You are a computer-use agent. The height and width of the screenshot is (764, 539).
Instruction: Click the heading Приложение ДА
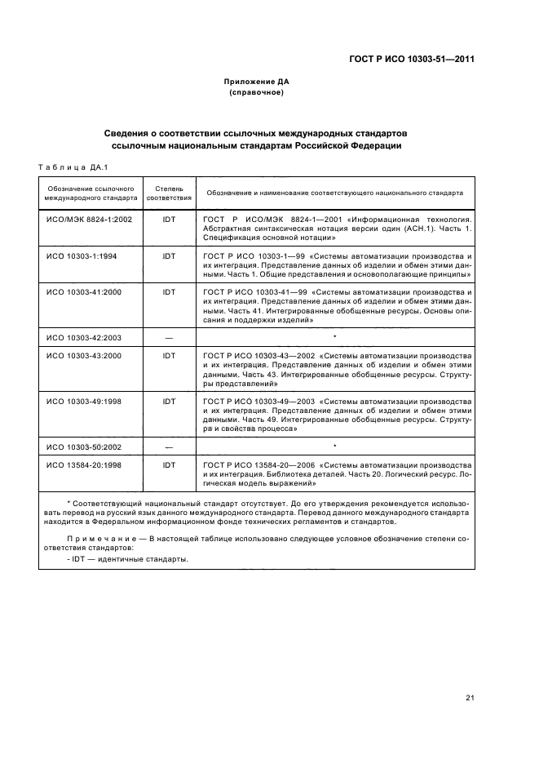pos(257,82)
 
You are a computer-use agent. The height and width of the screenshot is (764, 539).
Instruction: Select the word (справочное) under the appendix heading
pos(257,93)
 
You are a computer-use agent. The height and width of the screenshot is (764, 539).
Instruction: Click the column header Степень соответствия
pos(169,193)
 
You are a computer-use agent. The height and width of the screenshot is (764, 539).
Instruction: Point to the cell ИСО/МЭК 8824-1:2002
pos(89,220)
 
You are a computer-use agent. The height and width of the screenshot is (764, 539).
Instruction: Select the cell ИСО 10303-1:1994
pos(82,256)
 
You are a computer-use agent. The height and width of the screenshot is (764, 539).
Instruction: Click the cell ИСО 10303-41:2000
pos(85,291)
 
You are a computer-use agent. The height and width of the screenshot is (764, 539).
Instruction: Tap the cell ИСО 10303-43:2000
pos(85,357)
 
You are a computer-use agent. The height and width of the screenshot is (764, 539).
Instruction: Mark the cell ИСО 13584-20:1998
pos(85,466)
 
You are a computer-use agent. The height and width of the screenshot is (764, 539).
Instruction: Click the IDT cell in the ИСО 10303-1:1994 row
pos(169,256)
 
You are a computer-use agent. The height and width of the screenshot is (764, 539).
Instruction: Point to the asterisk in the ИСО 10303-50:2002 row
pos(335,446)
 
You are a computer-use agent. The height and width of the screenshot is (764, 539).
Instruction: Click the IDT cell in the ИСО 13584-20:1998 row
pos(169,466)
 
